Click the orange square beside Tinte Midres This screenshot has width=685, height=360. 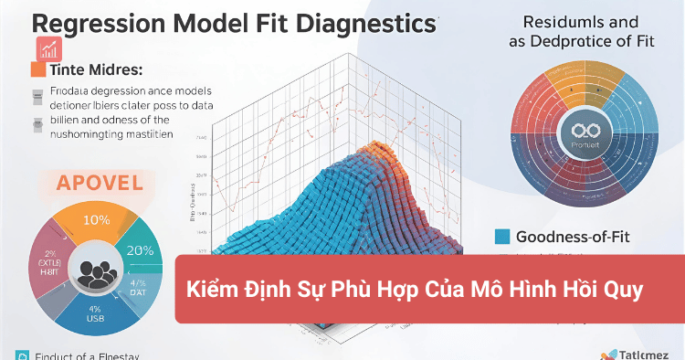point(37,69)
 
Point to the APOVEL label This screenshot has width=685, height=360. point(100,182)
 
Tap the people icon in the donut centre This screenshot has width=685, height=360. point(92,270)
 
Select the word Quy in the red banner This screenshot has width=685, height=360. point(627,291)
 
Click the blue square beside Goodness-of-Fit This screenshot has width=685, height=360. point(501,237)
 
